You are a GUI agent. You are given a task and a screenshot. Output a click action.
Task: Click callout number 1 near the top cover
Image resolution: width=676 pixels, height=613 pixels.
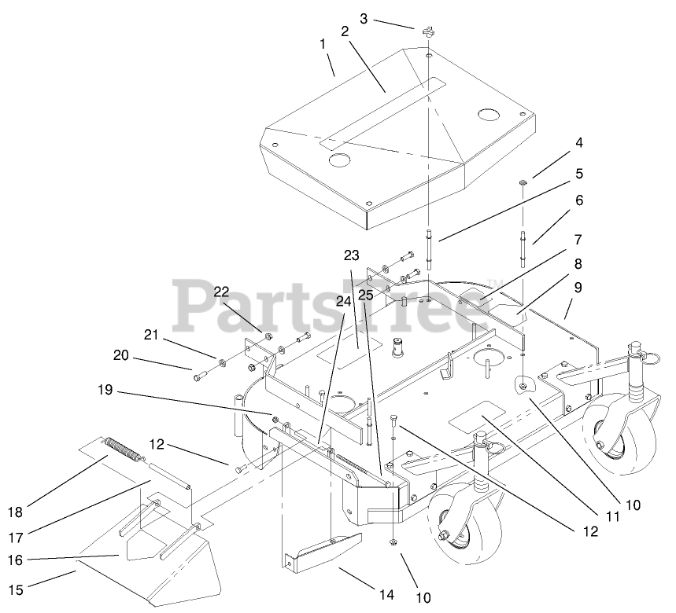pos(323,45)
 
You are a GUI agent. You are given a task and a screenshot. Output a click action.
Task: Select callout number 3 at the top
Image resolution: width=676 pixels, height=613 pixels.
pos(364,17)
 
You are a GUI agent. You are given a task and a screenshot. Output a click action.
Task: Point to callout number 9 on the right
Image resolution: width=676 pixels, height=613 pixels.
pos(578,288)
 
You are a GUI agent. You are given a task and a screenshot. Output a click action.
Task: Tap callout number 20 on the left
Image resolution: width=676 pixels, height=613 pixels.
pos(120,355)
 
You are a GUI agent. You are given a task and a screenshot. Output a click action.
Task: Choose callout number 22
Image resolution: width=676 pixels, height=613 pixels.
pos(223,292)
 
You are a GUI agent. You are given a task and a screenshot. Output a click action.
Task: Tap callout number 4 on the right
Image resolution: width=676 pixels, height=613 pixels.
pos(578,144)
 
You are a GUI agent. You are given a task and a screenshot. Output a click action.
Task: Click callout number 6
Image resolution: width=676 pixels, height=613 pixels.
pos(578,200)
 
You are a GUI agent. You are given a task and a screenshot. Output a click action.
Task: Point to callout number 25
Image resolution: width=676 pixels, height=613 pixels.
pos(366,295)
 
